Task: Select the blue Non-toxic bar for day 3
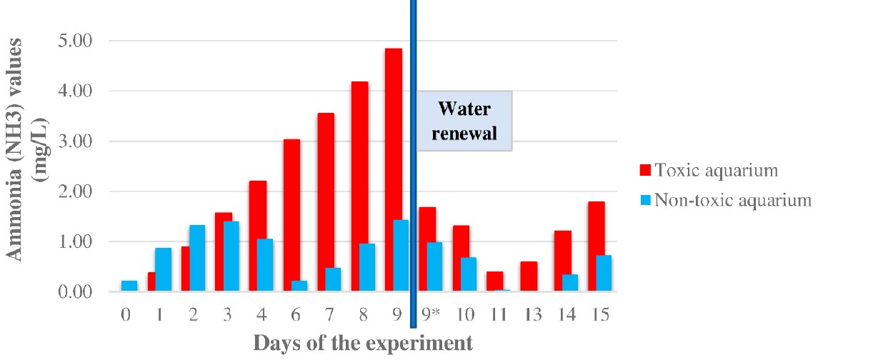click(x=231, y=256)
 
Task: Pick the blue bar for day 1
click(x=163, y=270)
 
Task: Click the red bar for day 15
click(x=597, y=247)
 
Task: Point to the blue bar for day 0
click(x=129, y=286)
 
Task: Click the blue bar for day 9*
click(x=435, y=267)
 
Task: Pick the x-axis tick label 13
click(x=532, y=315)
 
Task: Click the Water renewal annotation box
click(x=466, y=121)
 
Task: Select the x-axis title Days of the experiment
click(x=363, y=343)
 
